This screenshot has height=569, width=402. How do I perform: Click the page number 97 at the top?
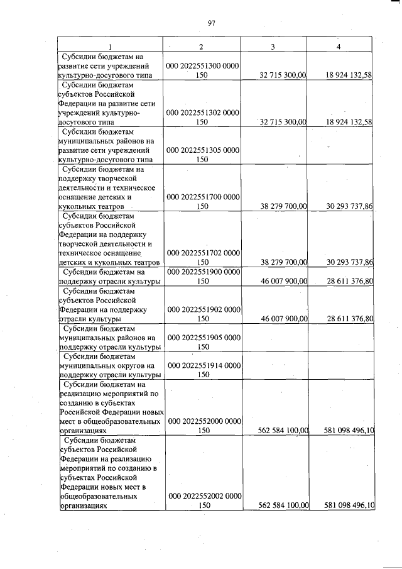pyautogui.click(x=211, y=23)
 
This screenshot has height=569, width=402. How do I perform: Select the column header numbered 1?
pyautogui.click(x=111, y=47)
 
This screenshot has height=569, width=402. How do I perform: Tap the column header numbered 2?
pyautogui.click(x=201, y=47)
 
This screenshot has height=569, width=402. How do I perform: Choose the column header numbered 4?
pyautogui.click(x=339, y=47)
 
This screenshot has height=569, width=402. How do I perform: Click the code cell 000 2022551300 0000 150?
pyautogui.click(x=202, y=70)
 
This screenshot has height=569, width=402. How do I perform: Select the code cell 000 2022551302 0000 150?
pyautogui.click(x=202, y=118)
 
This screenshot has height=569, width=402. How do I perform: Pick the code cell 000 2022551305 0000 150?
pyautogui.click(x=202, y=155)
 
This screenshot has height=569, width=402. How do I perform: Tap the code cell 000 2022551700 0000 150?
pyautogui.click(x=202, y=201)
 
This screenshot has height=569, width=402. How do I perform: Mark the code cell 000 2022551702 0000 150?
pyautogui.click(x=202, y=257)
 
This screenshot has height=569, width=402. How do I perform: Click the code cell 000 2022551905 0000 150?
pyautogui.click(x=202, y=342)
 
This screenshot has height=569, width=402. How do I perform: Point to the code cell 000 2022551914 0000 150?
pyautogui.click(x=202, y=370)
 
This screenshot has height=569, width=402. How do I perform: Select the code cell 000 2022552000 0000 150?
pyautogui.click(x=202, y=426)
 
